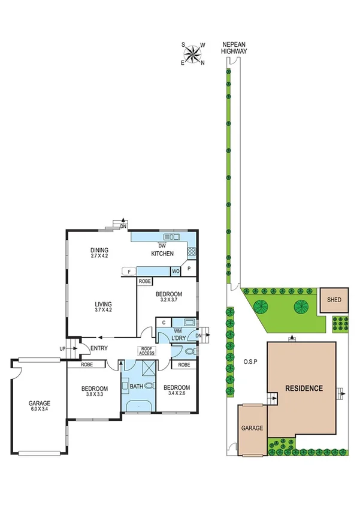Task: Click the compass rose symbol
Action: pos(193,54)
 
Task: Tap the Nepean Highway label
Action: pos(233,49)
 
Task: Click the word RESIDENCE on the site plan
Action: pos(303,388)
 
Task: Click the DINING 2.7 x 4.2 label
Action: pos(99,253)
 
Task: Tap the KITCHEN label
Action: pos(162,254)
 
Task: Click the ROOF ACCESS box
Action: pos(147,351)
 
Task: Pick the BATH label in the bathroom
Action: pos(137,387)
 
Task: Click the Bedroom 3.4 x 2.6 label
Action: pos(177,390)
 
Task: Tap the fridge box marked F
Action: pos(129,272)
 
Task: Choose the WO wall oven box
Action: pos(176,272)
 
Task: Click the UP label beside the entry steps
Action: pos(62,348)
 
